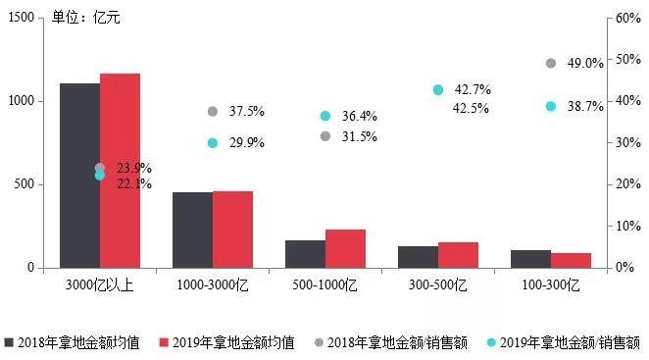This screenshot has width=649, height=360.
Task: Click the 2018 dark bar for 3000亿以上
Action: [x=79, y=176]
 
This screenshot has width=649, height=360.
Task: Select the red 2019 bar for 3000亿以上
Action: [x=120, y=171]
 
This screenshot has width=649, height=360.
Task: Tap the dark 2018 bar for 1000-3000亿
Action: [x=192, y=230]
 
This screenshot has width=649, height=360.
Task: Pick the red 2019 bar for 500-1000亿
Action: [x=345, y=248]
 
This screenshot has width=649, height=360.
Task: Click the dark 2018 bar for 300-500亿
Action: [x=418, y=257]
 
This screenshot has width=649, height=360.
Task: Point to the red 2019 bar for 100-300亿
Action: [x=571, y=260]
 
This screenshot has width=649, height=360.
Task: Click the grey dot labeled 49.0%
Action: [x=551, y=64]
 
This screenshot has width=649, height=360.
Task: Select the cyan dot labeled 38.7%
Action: [x=551, y=106]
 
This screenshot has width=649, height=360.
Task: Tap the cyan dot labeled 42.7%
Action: [x=438, y=90]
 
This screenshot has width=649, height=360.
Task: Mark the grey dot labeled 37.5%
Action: [x=213, y=112]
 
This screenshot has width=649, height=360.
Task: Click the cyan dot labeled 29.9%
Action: [x=213, y=143]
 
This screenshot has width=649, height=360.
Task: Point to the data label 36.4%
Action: [x=360, y=117]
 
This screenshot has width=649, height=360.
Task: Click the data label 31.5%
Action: [x=360, y=136]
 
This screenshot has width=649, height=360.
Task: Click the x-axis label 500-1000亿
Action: [x=325, y=285]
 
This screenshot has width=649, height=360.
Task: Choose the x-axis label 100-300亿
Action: [x=551, y=285]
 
